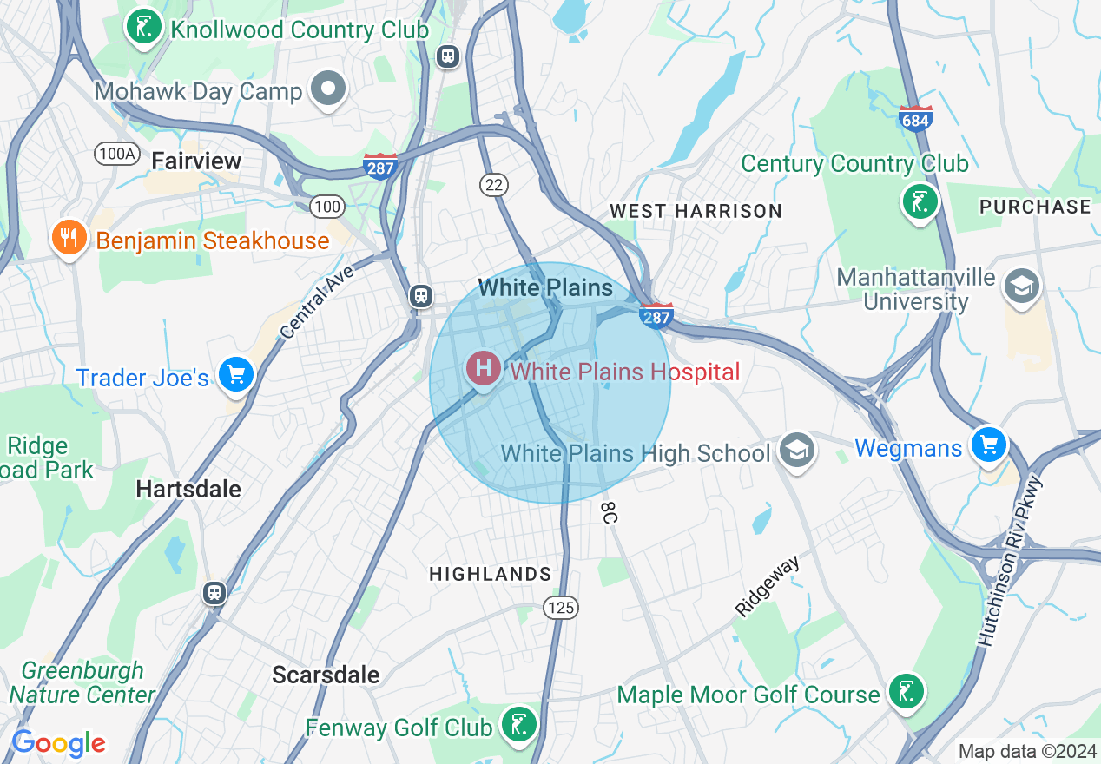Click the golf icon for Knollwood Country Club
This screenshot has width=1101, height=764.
pos(144,26)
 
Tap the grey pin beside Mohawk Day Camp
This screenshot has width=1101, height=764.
pos(329,89)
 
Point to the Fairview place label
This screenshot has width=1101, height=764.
pos(196,161)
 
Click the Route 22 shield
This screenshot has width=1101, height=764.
pos(493,184)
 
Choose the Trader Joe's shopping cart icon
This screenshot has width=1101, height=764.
pos(235,375)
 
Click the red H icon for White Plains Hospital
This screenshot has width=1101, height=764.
pos(483,369)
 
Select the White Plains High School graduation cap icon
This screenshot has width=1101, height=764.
pos(795,450)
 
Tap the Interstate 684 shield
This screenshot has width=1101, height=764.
pos(916,118)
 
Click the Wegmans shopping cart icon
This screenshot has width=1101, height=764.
pos(989,445)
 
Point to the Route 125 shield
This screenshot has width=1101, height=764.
pos(561,608)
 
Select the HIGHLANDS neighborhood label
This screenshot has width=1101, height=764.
pos(491,574)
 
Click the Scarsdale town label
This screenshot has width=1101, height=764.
pos(326,675)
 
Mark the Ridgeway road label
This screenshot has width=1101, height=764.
pos(767,587)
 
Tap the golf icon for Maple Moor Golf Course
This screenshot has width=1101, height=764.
pos(907,692)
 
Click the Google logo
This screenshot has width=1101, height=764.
pos(58,743)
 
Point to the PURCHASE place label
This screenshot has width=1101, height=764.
pos(1034,207)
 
